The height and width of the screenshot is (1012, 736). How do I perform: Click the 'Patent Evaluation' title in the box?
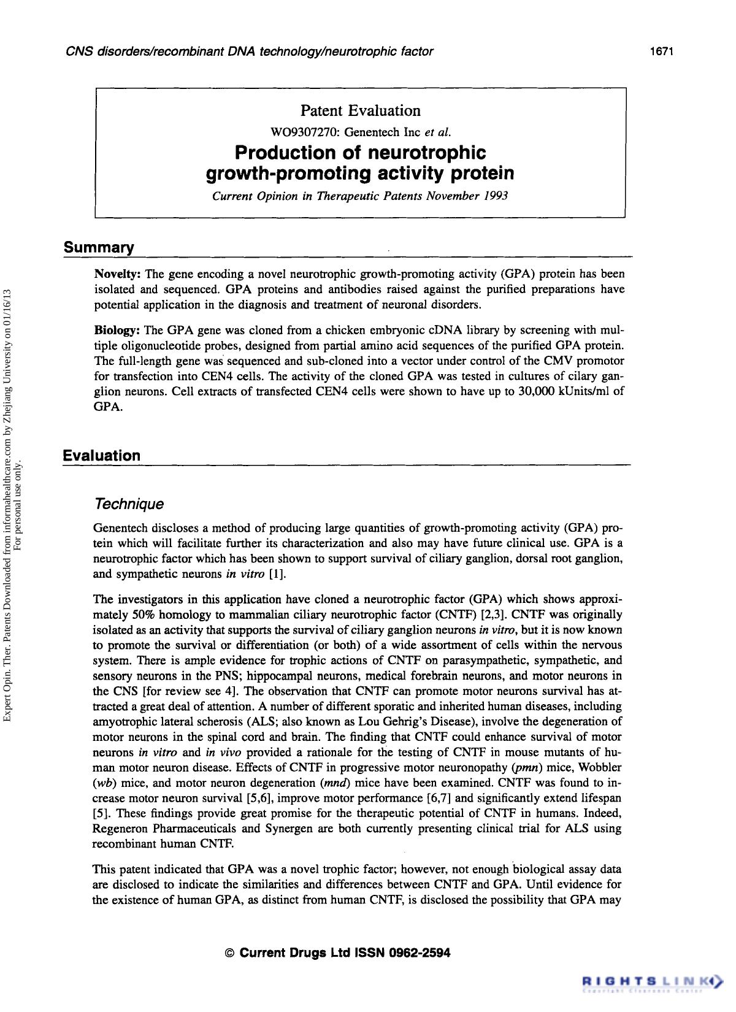coord(360,111)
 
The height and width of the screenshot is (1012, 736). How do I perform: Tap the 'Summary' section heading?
coord(99,248)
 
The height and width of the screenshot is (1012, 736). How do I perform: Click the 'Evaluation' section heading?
coord(102,456)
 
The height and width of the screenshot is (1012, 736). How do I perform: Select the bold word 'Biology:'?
coord(118,331)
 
